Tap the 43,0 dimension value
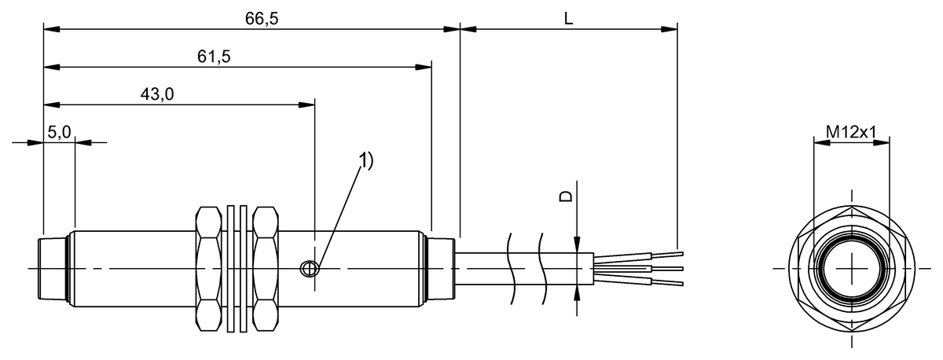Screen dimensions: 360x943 pos(156,94)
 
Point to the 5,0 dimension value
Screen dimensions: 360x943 pos(59,133)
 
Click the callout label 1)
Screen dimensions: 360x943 pos(365,160)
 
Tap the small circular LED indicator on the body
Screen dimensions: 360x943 pos(310,269)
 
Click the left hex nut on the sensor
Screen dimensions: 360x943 pos(208,268)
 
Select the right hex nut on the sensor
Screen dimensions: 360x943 pos(266,268)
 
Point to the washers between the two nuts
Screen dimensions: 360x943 pos(237,268)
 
